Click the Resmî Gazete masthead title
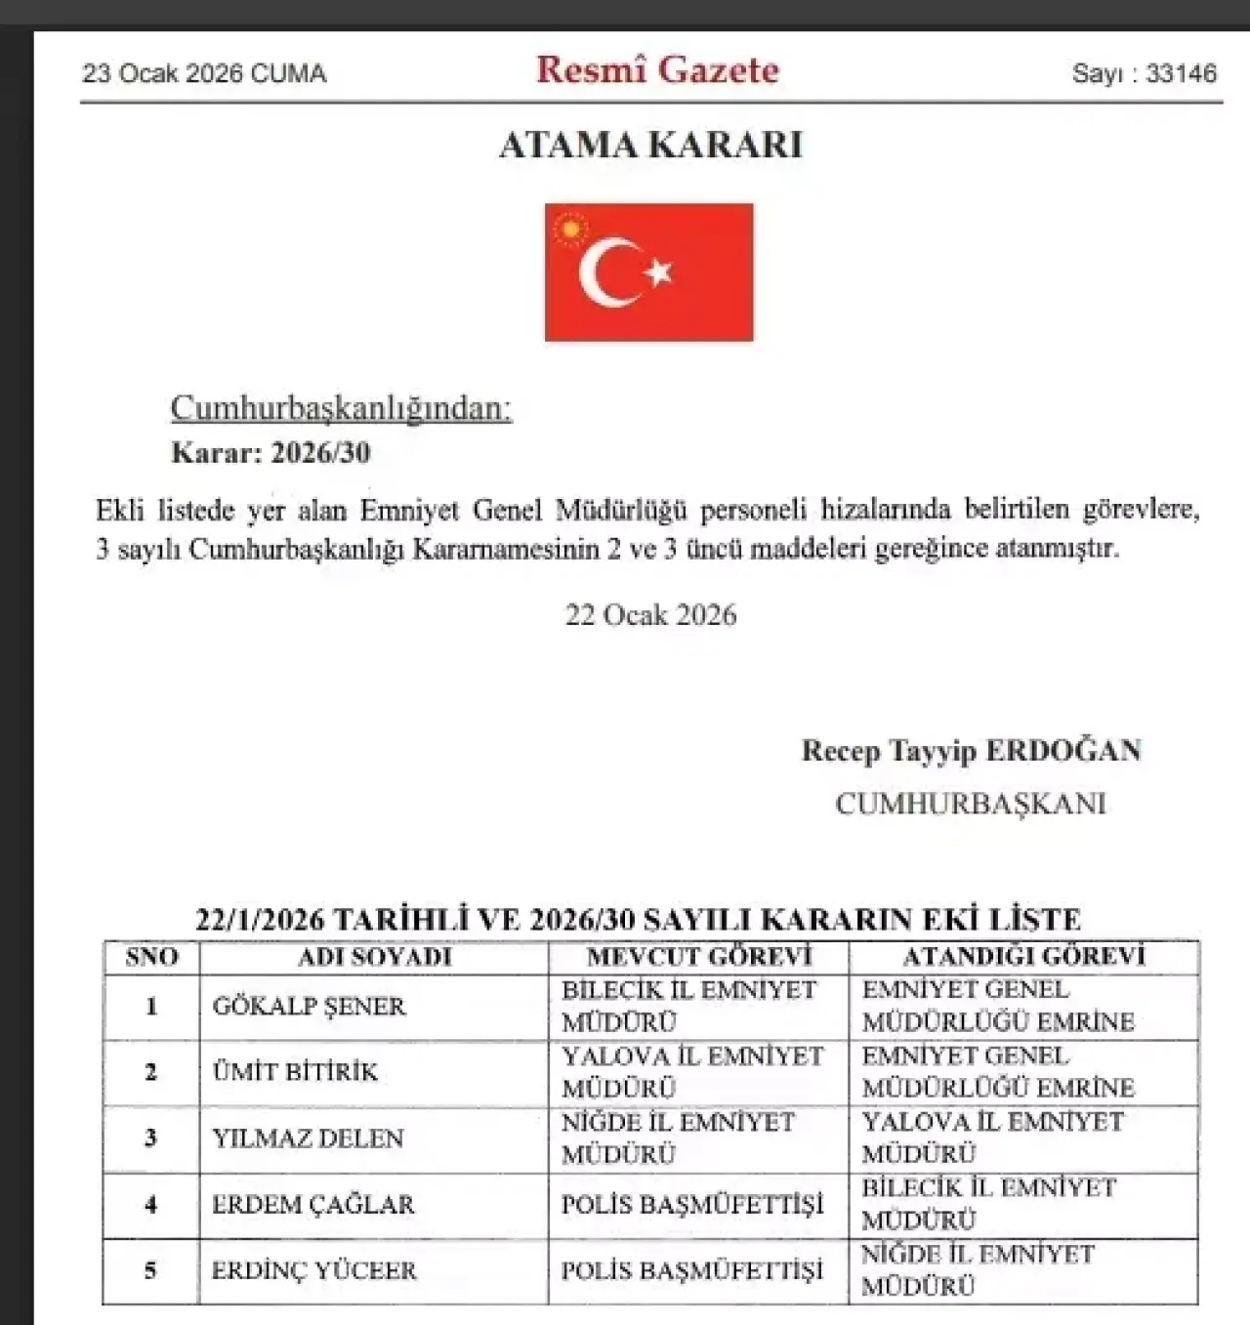click(657, 70)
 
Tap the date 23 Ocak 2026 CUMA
click(204, 74)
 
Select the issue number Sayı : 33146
click(1144, 74)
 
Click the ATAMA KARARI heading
click(650, 145)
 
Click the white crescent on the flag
click(605, 272)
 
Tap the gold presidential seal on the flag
click(569, 230)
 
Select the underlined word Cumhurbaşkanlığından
click(341, 408)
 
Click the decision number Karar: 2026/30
click(271, 453)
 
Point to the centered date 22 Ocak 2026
click(650, 615)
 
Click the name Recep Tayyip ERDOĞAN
click(971, 751)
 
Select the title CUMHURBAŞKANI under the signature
click(970, 804)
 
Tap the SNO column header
click(151, 957)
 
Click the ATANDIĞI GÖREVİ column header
click(1023, 957)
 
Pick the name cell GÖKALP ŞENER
click(309, 1007)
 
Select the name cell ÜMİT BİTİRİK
click(295, 1072)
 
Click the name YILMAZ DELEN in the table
click(308, 1139)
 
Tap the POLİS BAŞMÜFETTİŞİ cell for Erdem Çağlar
click(692, 1205)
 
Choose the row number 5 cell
click(150, 1270)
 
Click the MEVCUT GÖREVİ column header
click(698, 957)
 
